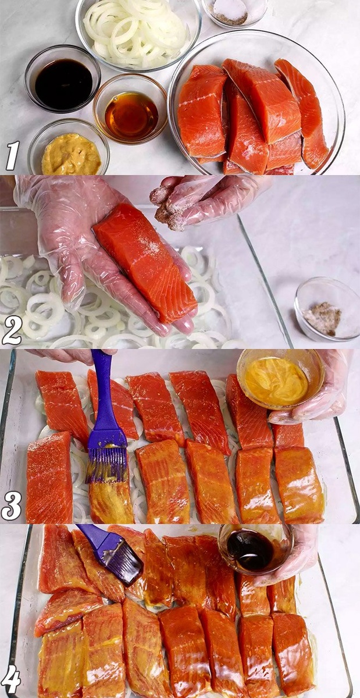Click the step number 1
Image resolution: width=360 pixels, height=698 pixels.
tap(12, 155)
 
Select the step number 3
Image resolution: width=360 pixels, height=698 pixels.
tap(11, 505)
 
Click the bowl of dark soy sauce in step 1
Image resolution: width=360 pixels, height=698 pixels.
tap(63, 79)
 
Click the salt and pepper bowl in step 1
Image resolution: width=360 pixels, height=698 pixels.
tap(234, 12)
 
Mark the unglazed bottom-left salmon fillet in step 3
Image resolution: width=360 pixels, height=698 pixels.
tap(49, 478)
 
